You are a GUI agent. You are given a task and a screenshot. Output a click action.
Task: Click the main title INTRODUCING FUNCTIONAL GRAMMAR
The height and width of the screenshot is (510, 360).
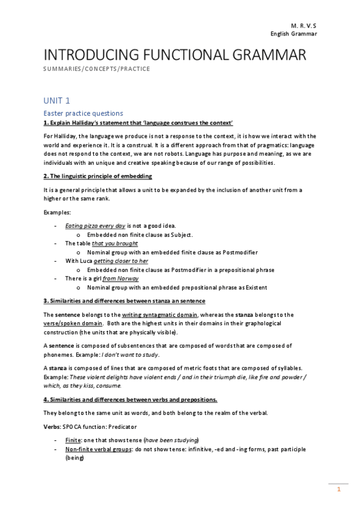click(x=175, y=55)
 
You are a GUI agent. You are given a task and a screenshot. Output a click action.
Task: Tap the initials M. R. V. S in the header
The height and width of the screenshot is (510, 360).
click(x=304, y=26)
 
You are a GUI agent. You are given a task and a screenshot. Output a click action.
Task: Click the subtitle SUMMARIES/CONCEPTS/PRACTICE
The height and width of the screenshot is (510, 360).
click(x=97, y=69)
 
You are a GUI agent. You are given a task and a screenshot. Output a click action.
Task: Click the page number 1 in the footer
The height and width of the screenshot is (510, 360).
click(x=339, y=490)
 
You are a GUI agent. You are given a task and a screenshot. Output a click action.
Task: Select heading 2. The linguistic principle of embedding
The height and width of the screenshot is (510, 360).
click(x=97, y=176)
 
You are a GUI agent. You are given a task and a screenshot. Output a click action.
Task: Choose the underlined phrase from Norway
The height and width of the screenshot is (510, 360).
click(x=120, y=279)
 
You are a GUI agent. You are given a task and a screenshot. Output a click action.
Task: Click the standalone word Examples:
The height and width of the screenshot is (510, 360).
click(x=56, y=212)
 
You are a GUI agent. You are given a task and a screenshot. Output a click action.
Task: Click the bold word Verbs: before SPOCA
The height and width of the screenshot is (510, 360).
click(x=53, y=426)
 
